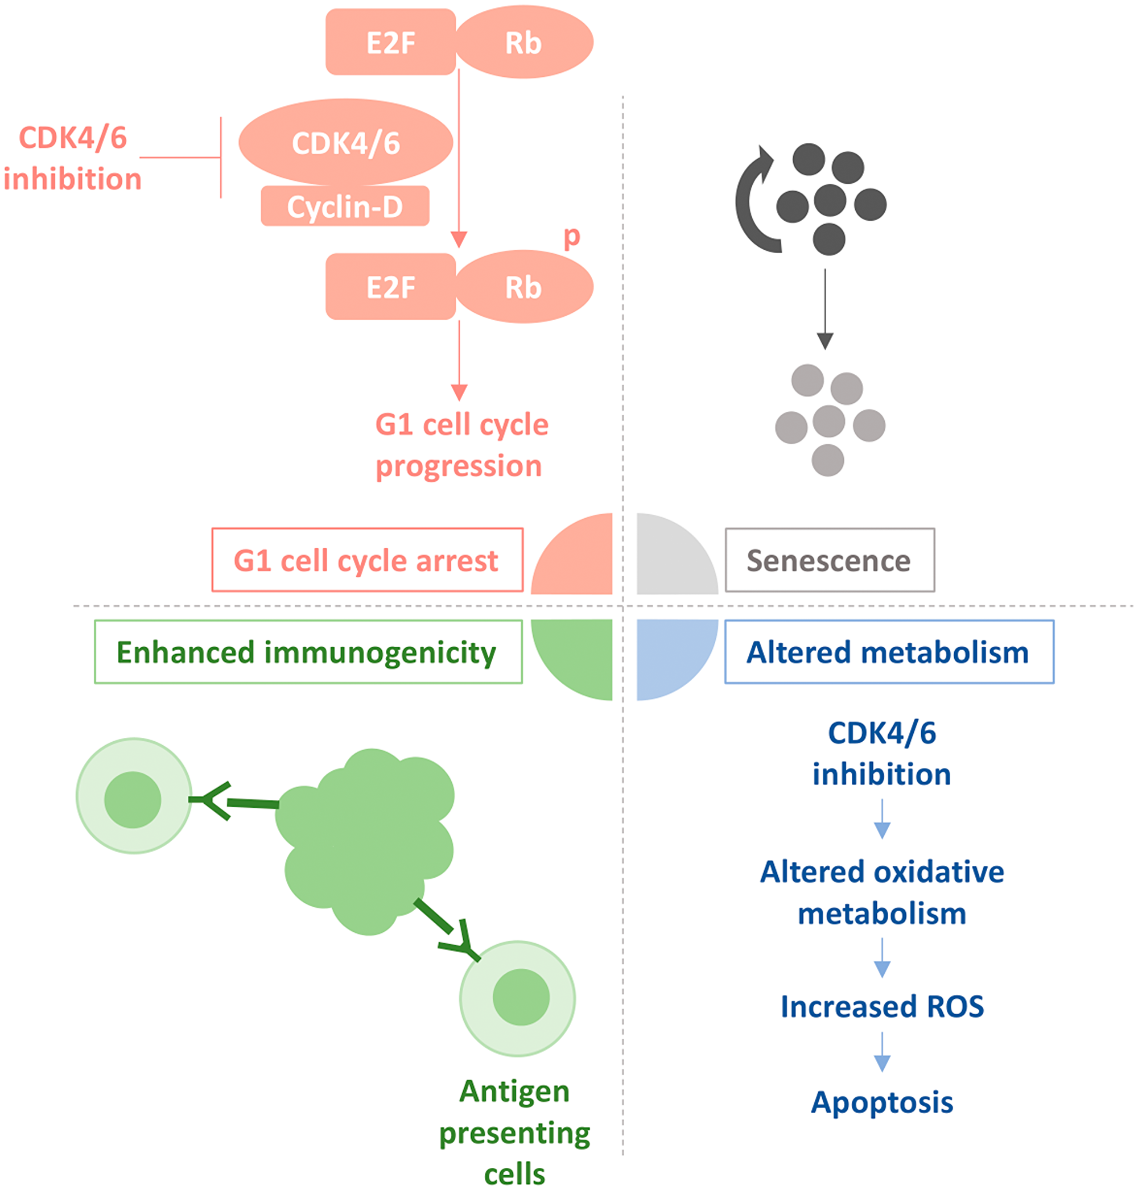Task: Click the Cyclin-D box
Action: click(x=345, y=206)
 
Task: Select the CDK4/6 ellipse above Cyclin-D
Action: click(x=346, y=142)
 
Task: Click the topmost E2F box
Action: click(x=391, y=43)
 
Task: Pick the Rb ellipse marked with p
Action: click(x=523, y=287)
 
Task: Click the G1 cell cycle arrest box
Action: click(x=367, y=560)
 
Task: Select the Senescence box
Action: click(x=829, y=560)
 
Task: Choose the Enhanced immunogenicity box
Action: click(x=308, y=652)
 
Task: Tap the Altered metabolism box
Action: click(x=889, y=652)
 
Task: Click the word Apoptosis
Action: click(x=881, y=1102)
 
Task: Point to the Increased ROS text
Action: click(x=881, y=1007)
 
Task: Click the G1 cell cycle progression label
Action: click(x=461, y=445)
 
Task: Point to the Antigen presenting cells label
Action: click(x=514, y=1133)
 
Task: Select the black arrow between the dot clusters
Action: click(x=824, y=309)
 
